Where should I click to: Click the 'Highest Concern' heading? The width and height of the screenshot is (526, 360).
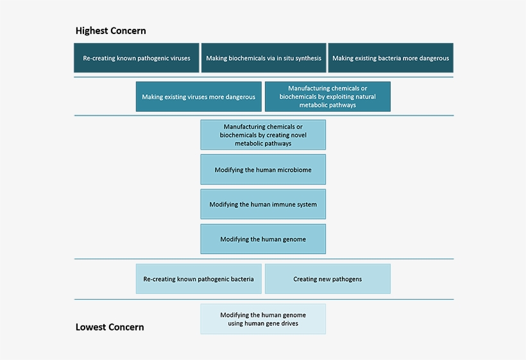111,31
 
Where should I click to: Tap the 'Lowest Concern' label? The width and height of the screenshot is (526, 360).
110,327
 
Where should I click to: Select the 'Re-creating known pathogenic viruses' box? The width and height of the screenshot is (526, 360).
137,58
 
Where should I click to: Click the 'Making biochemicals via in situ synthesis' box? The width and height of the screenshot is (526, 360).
264,58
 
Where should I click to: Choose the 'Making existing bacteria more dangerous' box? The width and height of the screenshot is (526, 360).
391,58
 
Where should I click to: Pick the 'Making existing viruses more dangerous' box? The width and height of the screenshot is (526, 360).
199,97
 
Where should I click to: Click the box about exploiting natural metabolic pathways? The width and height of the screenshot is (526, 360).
328,97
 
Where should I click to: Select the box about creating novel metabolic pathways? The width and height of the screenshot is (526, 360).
263,135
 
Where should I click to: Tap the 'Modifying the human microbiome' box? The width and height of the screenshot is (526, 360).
263,169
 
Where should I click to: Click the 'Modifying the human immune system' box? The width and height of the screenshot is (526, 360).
263,204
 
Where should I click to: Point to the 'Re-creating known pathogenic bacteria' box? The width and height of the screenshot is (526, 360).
199,279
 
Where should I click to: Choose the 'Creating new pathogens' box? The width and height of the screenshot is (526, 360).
328,279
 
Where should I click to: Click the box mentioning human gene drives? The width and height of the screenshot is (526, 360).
263,319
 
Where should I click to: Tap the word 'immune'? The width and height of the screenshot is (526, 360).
287,204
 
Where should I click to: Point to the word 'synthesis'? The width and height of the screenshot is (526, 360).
309,58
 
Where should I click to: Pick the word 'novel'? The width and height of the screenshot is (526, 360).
299,135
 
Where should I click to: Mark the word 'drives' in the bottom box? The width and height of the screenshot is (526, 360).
289,323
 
